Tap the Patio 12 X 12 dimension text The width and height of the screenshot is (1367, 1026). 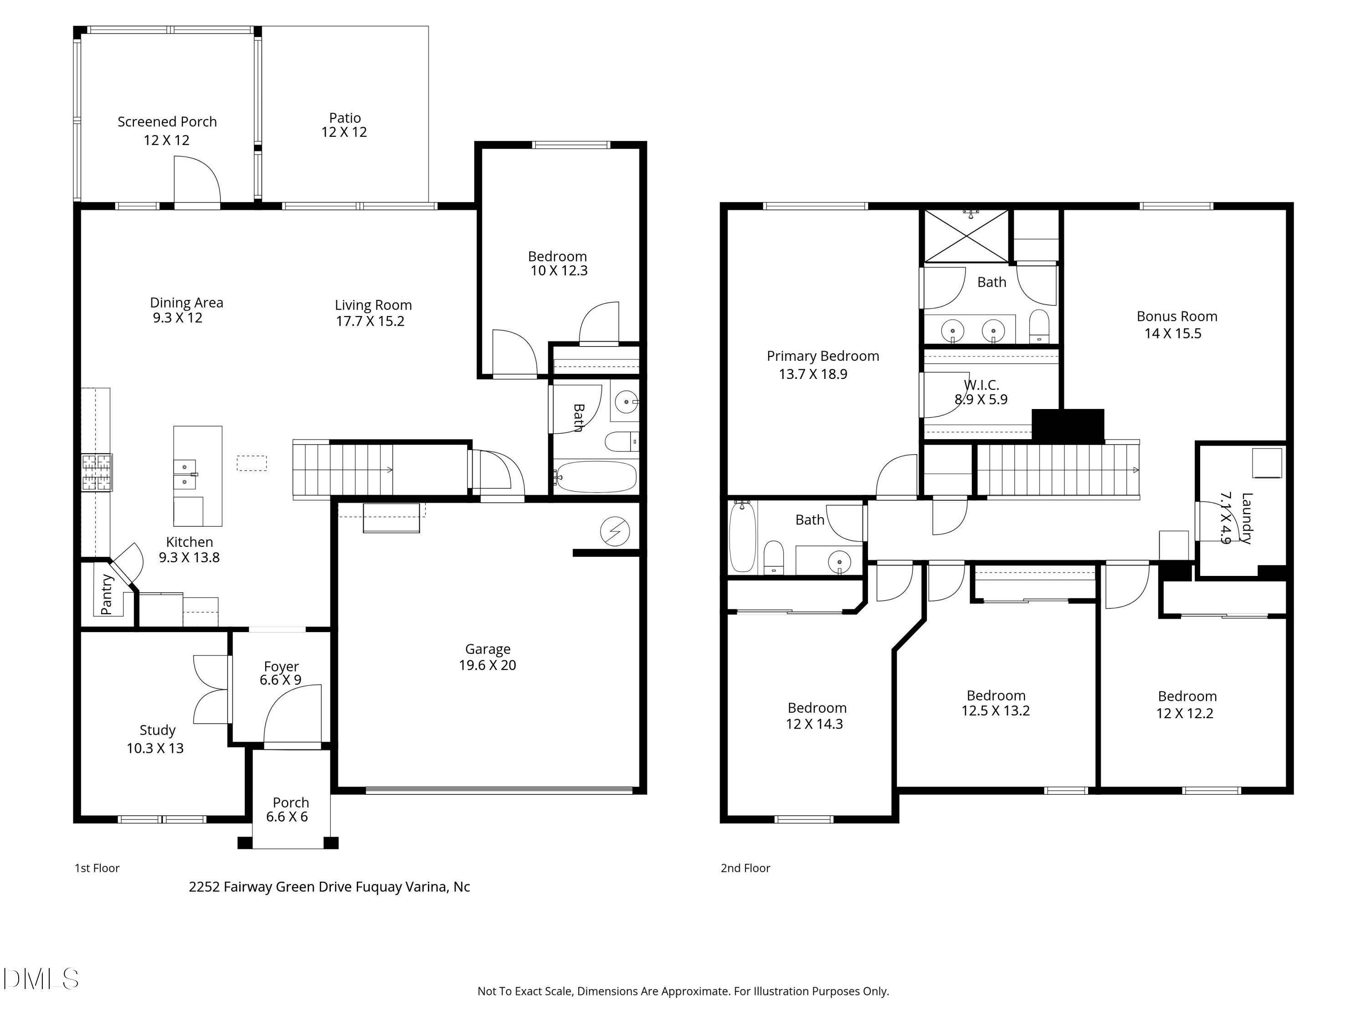(x=344, y=132)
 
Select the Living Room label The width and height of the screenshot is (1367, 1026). (x=373, y=305)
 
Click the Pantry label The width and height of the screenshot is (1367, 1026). (x=106, y=595)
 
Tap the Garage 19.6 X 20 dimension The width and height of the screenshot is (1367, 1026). (x=487, y=665)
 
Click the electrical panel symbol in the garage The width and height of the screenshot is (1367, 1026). (x=615, y=531)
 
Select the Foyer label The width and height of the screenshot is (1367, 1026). (x=281, y=666)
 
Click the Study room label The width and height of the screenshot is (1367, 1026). (x=158, y=731)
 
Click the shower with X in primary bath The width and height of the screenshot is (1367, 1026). (x=966, y=236)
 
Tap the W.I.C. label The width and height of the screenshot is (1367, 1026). (x=982, y=385)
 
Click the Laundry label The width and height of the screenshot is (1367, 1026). (x=1247, y=518)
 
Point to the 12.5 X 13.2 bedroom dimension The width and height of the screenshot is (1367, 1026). (x=996, y=710)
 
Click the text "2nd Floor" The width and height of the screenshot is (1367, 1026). (x=745, y=868)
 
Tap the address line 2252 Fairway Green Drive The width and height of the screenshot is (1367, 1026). (x=329, y=887)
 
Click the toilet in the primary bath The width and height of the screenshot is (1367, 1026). (x=1039, y=326)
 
